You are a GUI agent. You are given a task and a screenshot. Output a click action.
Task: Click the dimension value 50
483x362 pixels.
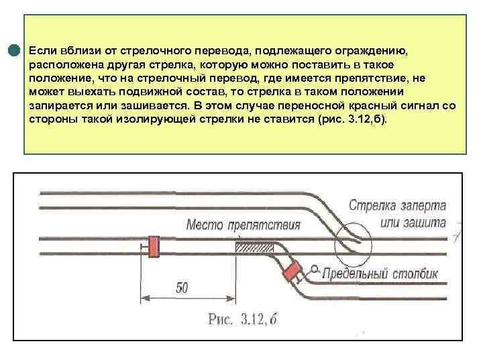[182, 288]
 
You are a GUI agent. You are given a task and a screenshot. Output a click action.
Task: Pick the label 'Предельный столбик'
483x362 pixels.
[379, 273]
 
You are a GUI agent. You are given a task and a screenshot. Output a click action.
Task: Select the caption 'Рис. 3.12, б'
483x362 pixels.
[242, 320]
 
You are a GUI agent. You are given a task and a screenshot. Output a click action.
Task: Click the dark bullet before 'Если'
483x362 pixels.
[14, 51]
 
